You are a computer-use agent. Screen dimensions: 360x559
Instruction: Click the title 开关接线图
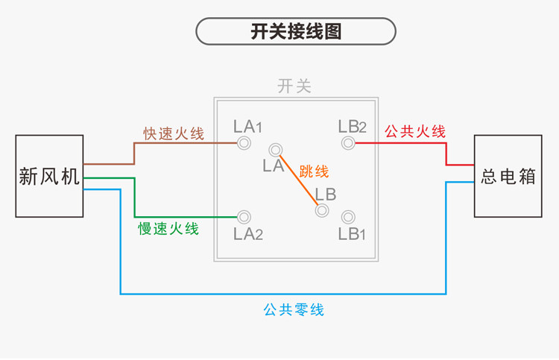[x=296, y=33]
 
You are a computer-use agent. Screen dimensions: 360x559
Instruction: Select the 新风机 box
[x=49, y=176]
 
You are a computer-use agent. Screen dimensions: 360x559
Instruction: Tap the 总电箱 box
[x=508, y=177]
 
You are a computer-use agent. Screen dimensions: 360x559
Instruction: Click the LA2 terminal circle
[x=244, y=217]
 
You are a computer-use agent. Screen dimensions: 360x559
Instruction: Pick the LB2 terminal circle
[x=347, y=142]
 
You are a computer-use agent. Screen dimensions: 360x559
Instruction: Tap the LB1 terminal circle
[x=347, y=217]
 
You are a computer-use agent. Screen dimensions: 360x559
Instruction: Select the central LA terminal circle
[x=276, y=150]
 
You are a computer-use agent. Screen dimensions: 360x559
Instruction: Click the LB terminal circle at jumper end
[x=322, y=210]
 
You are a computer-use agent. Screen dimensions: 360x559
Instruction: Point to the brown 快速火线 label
[x=174, y=134]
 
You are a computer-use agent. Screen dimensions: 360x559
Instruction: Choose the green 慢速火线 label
[x=168, y=229]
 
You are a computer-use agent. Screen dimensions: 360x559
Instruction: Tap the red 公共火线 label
[x=415, y=132]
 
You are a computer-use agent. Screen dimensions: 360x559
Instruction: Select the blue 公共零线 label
[x=294, y=309]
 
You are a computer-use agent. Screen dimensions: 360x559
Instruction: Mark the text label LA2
[x=248, y=235]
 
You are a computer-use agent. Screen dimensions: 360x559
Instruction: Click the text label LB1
[x=352, y=235]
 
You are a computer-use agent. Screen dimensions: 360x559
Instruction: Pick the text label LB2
[x=352, y=126]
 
